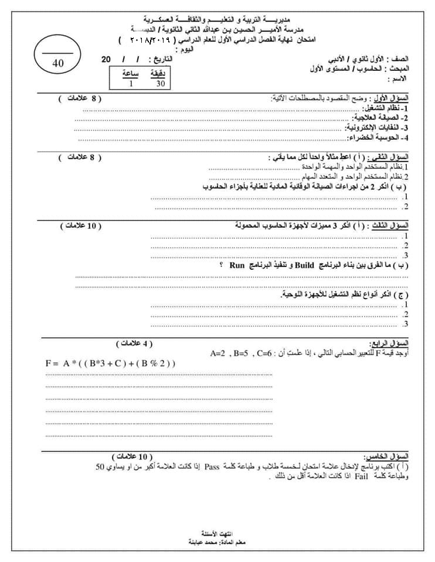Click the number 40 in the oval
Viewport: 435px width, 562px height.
[57, 64]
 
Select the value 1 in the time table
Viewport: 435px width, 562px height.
[131, 83]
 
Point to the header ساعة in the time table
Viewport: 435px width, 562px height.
[131, 74]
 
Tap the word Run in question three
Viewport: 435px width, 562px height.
[237, 265]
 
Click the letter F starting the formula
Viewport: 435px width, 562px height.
[49, 363]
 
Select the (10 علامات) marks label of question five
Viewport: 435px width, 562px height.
[132, 456]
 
